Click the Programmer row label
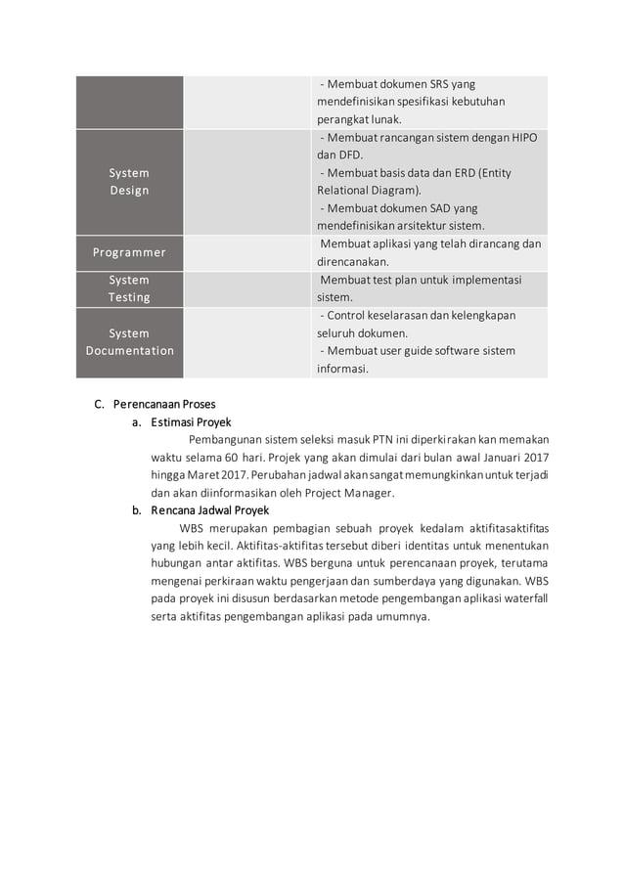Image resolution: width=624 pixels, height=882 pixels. pos(129,252)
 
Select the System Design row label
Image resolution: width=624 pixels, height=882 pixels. pos(129,181)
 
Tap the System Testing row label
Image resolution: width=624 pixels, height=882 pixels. pos(129,288)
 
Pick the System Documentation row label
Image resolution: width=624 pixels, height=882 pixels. pos(129,342)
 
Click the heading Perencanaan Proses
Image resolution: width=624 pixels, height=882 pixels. pos(164,404)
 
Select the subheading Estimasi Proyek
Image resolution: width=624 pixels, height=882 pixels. pos(191,422)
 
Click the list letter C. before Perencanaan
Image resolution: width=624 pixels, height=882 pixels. pos(99,404)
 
